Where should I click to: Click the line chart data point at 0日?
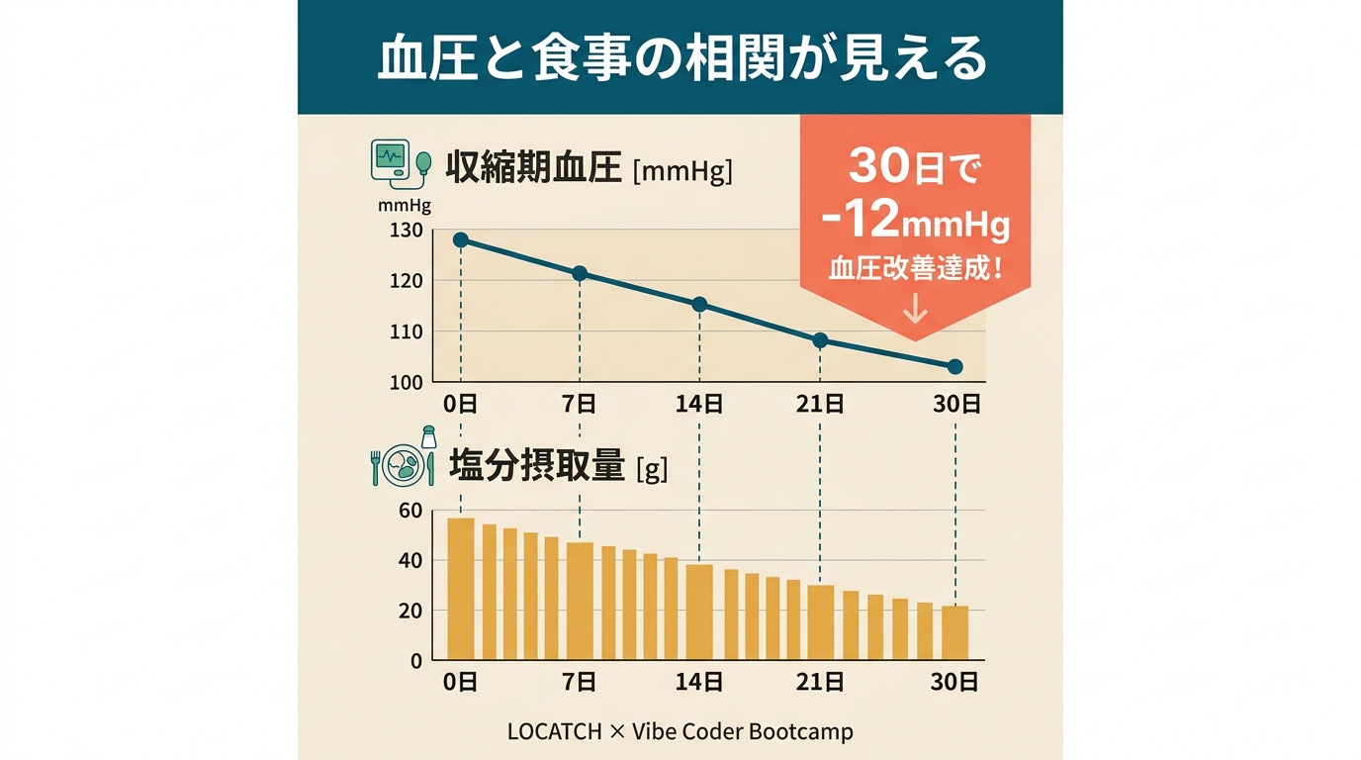click(461, 239)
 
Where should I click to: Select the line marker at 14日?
click(699, 304)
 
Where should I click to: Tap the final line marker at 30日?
click(954, 366)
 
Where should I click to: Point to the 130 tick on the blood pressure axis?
click(407, 231)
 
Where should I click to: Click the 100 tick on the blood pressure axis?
click(407, 383)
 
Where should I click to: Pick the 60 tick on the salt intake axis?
click(410, 511)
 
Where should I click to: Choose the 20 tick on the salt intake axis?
click(410, 611)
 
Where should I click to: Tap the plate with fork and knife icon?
click(403, 463)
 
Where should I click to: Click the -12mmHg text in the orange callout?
click(915, 223)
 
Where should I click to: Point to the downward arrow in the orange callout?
click(916, 311)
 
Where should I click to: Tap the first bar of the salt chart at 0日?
click(461, 588)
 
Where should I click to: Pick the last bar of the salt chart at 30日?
click(954, 632)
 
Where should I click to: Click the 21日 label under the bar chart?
click(821, 682)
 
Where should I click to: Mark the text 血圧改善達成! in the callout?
click(915, 269)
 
